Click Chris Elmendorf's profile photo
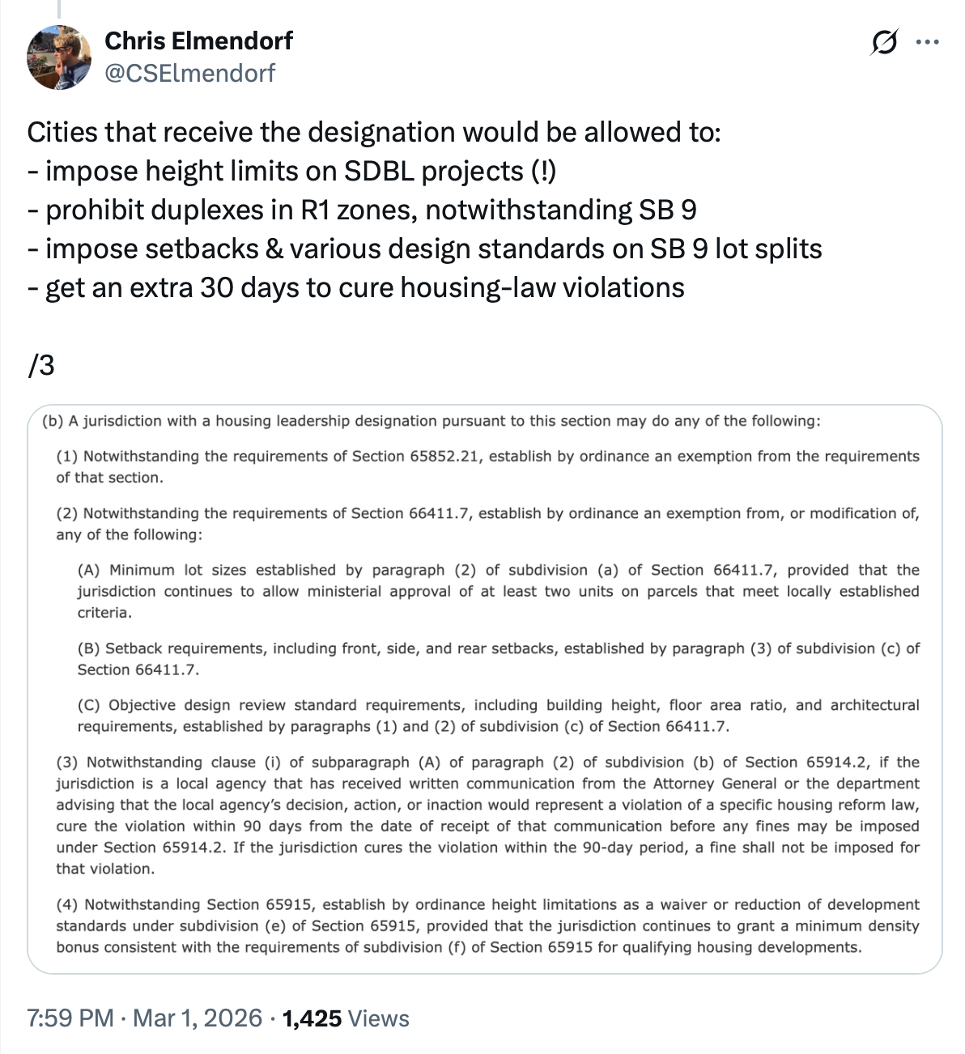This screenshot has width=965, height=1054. [x=59, y=57]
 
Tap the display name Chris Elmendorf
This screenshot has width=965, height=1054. [x=198, y=40]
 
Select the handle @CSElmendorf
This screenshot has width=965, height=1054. [x=190, y=74]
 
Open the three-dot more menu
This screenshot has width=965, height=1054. [x=927, y=42]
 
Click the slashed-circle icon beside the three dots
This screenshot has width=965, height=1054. [x=884, y=42]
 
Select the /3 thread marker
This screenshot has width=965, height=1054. [x=40, y=366]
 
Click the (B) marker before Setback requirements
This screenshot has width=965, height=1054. [x=88, y=648]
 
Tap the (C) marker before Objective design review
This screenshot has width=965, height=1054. [x=88, y=705]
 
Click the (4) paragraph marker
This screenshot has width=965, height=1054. [x=67, y=904]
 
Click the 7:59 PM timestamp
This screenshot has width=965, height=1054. [x=70, y=1018]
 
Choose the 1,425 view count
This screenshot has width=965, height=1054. [x=312, y=1018]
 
